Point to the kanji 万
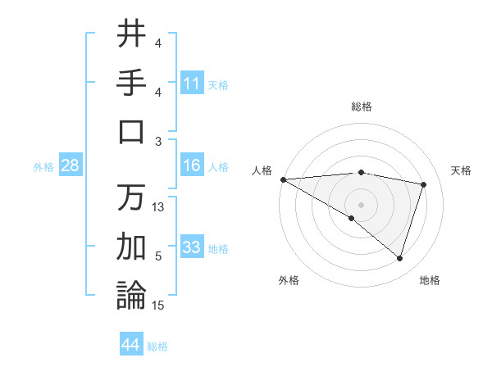coord(131,197)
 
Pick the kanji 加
coord(131,246)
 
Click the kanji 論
coord(131,295)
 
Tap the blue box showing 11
coord(192,84)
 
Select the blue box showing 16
coord(192,166)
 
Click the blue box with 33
coord(192,248)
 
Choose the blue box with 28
coord(71,166)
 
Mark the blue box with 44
coord(131,346)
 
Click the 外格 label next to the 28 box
coord(43,167)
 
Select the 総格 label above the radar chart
coord(362,106)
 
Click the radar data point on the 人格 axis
coord(283,179)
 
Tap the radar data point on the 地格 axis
coord(399,259)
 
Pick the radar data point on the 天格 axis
coord(424,184)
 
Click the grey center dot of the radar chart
coord(361,203)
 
